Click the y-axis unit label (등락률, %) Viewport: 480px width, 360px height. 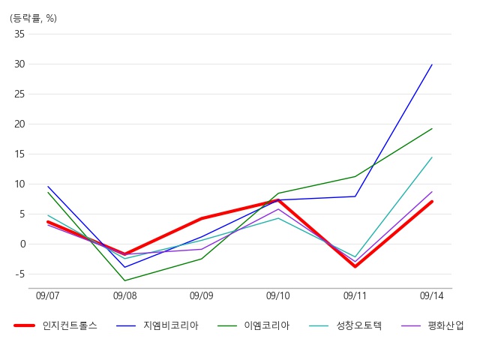coord(33,18)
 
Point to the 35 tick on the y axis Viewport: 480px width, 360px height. coord(19,34)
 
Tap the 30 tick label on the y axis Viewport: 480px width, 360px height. coord(19,64)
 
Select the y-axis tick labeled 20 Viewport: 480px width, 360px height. coord(19,124)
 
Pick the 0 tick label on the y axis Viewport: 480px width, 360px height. coord(22,244)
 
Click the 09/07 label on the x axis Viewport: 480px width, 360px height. coord(47,296)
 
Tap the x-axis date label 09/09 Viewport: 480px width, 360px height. coord(201,296)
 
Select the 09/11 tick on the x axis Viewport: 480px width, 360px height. coord(355,296)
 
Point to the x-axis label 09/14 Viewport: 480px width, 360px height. coord(431,296)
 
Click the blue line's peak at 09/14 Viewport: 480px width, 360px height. coord(432,64)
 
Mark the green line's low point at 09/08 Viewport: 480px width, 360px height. coord(124,280)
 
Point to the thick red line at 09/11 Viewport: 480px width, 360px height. coord(355,266)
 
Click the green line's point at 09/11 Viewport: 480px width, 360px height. coord(355,176)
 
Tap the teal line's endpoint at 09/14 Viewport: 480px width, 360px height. coord(432,157)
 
